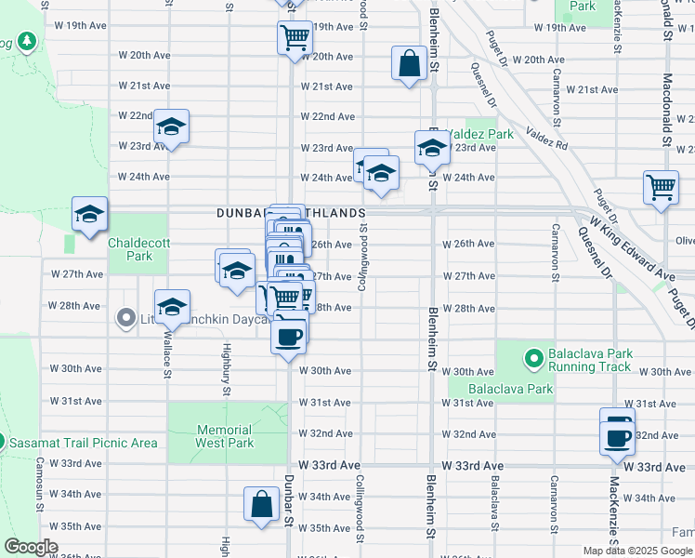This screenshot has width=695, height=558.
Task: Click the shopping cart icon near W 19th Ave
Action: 294,38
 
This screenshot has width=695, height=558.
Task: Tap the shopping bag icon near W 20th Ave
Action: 408,64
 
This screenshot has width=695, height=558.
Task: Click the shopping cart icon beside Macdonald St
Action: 661,186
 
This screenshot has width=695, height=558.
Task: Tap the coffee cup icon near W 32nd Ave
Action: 617,434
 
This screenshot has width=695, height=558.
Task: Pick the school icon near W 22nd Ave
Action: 171,126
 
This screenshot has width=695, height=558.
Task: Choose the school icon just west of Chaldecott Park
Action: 89,215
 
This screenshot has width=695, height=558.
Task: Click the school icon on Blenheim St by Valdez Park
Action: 431,147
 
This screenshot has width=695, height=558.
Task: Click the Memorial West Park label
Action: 225,436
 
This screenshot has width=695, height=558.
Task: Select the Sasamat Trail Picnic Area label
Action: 85,443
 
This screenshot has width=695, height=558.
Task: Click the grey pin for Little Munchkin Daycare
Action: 127,320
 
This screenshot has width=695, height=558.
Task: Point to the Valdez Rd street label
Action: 546,139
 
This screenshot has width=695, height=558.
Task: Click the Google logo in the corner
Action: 31,547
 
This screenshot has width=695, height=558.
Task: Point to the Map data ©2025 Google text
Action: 637,551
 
